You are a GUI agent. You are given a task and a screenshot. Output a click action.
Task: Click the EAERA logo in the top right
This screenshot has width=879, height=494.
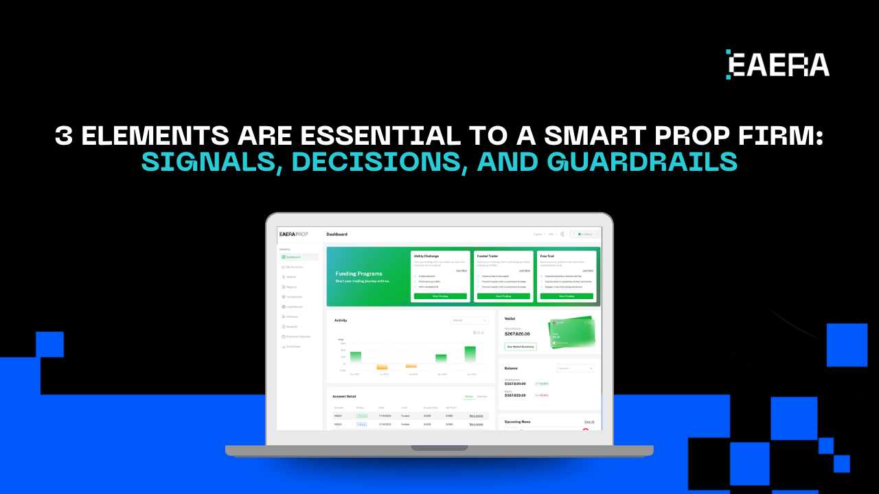pos(777,64)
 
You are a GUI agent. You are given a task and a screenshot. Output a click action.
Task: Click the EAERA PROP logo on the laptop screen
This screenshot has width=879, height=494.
pos(293,234)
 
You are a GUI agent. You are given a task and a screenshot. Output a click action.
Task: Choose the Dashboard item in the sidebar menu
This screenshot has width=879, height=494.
pos(293,257)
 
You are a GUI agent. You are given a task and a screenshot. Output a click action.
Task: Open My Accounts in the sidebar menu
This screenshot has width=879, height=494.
pos(295,267)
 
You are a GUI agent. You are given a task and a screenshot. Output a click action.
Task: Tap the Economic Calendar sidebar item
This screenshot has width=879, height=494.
pos(299,337)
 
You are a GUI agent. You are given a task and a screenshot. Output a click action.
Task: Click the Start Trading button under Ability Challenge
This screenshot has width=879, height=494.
pos(440,296)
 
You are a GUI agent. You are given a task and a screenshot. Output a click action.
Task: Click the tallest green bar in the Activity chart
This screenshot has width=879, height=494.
pos(470,354)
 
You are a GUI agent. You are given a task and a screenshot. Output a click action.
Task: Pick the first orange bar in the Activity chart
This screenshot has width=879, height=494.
pos(383,367)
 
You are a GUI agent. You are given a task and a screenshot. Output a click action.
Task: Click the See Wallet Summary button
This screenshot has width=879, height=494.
pos(520,346)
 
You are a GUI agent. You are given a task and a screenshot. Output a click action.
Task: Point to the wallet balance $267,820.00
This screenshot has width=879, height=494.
pos(517,334)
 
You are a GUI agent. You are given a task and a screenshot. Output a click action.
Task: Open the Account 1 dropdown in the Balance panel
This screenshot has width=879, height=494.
pos(575,368)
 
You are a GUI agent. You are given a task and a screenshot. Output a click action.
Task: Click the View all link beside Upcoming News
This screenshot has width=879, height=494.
pos(589,421)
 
